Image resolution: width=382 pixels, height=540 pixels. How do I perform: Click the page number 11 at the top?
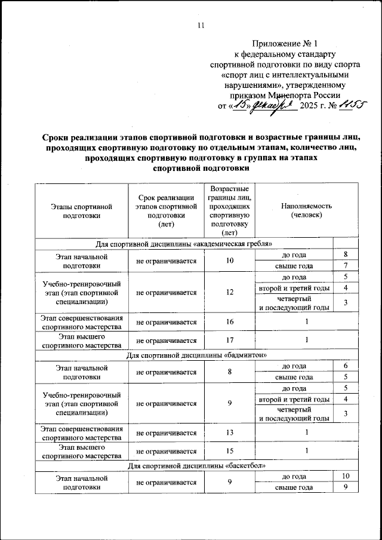coord(201,24)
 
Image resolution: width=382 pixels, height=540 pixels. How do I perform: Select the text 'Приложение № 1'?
coord(286,44)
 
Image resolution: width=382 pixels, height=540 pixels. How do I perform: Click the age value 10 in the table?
coord(229,260)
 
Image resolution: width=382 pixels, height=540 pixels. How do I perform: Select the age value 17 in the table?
coord(229,341)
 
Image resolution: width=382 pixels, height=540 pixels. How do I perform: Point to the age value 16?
coord(229,323)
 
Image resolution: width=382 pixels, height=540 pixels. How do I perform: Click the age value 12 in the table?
coord(229,293)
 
